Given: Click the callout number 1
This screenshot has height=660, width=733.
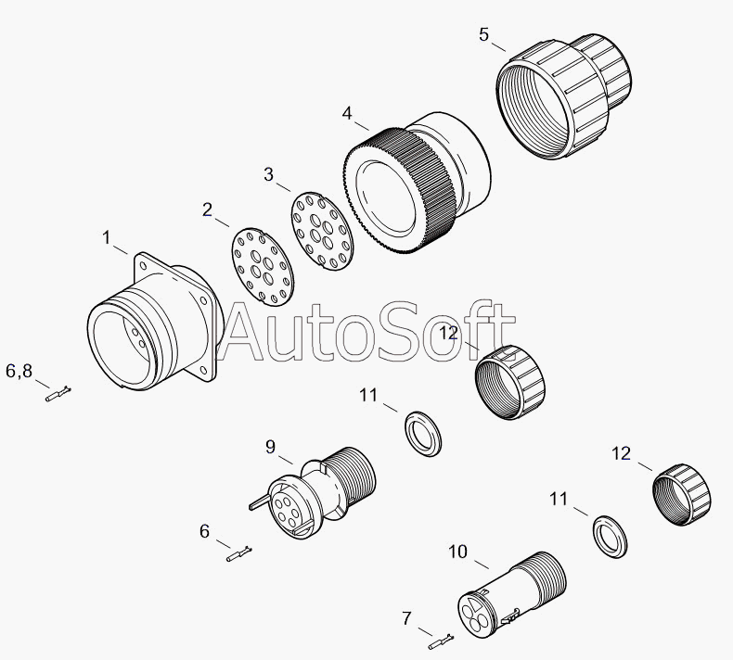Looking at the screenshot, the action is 107,237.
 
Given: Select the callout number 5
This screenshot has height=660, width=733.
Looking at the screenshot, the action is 483,34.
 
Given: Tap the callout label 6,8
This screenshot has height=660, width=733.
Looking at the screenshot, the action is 19,371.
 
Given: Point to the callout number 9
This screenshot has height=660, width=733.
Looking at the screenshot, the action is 270,447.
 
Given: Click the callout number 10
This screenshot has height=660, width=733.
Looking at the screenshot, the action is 457,552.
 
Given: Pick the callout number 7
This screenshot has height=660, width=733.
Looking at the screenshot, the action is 406,618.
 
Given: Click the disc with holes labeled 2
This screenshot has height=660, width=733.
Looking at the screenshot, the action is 263,267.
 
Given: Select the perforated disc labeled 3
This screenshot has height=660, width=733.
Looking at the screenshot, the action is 322,231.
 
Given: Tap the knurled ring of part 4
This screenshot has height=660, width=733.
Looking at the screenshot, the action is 401,192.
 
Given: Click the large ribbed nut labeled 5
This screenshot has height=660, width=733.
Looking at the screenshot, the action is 563,95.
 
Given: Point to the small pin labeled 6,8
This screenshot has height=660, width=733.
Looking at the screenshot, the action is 58,394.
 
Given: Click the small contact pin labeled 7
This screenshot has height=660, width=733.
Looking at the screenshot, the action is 442,641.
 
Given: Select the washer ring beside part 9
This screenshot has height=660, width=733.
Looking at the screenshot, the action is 422,434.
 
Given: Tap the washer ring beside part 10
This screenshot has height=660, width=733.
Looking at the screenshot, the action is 610,537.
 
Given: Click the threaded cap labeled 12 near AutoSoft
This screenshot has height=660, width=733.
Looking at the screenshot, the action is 510,382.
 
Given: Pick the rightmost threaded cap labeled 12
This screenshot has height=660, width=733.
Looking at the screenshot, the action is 682,495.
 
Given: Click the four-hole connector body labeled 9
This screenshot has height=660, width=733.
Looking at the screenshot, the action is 313,492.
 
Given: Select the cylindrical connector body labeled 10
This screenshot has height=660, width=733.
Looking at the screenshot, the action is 511,594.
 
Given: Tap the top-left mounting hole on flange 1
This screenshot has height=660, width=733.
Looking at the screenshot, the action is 143,265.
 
